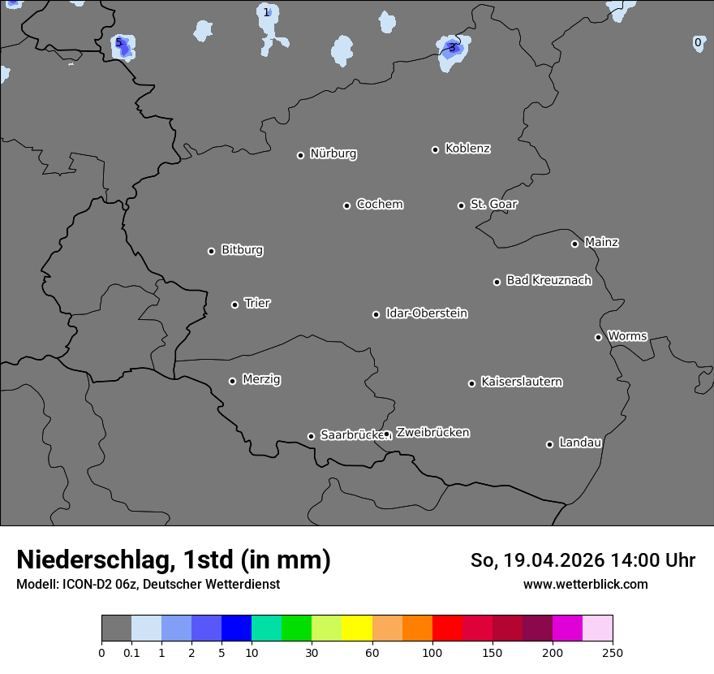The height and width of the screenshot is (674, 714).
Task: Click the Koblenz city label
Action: click(467, 149)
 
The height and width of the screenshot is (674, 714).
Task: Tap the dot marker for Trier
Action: click(235, 305)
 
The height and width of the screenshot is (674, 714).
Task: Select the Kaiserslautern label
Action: click(521, 382)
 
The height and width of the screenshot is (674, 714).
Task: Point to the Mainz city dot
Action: click(574, 244)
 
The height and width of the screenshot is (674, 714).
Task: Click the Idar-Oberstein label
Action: click(426, 313)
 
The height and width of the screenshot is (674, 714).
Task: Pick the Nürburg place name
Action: click(333, 153)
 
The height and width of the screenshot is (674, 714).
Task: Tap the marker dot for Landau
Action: click(549, 444)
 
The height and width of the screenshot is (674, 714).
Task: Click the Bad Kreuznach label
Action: click(548, 280)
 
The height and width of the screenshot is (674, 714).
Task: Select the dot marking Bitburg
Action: click(211, 251)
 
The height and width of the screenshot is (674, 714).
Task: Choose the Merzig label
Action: click(261, 379)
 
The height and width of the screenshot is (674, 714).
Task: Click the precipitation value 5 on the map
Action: click(118, 42)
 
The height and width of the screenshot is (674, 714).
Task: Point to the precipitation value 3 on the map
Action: click(452, 47)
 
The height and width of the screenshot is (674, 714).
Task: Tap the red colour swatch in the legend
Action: click(447, 629)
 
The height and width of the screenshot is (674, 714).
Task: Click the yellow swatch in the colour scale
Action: click(357, 629)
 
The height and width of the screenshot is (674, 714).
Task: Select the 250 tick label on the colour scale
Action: click(613, 653)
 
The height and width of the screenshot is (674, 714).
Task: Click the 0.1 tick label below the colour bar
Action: click(131, 653)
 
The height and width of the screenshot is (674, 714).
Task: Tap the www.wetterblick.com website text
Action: click(585, 584)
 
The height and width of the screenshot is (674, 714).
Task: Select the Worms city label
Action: click(627, 335)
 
